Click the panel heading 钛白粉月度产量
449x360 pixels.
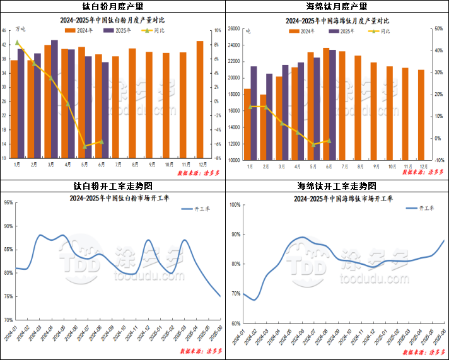(113, 6)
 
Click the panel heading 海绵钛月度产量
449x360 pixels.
(336, 6)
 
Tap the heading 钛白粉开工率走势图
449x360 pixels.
(113, 186)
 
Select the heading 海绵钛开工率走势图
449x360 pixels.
(336, 186)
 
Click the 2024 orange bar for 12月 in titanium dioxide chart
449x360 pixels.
(200, 100)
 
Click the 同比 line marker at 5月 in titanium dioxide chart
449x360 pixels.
(85, 146)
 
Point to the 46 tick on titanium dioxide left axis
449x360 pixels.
(4, 30)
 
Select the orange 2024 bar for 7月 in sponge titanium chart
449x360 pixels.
(342, 105)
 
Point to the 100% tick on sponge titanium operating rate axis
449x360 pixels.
(234, 204)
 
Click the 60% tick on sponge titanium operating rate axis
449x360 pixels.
(235, 323)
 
